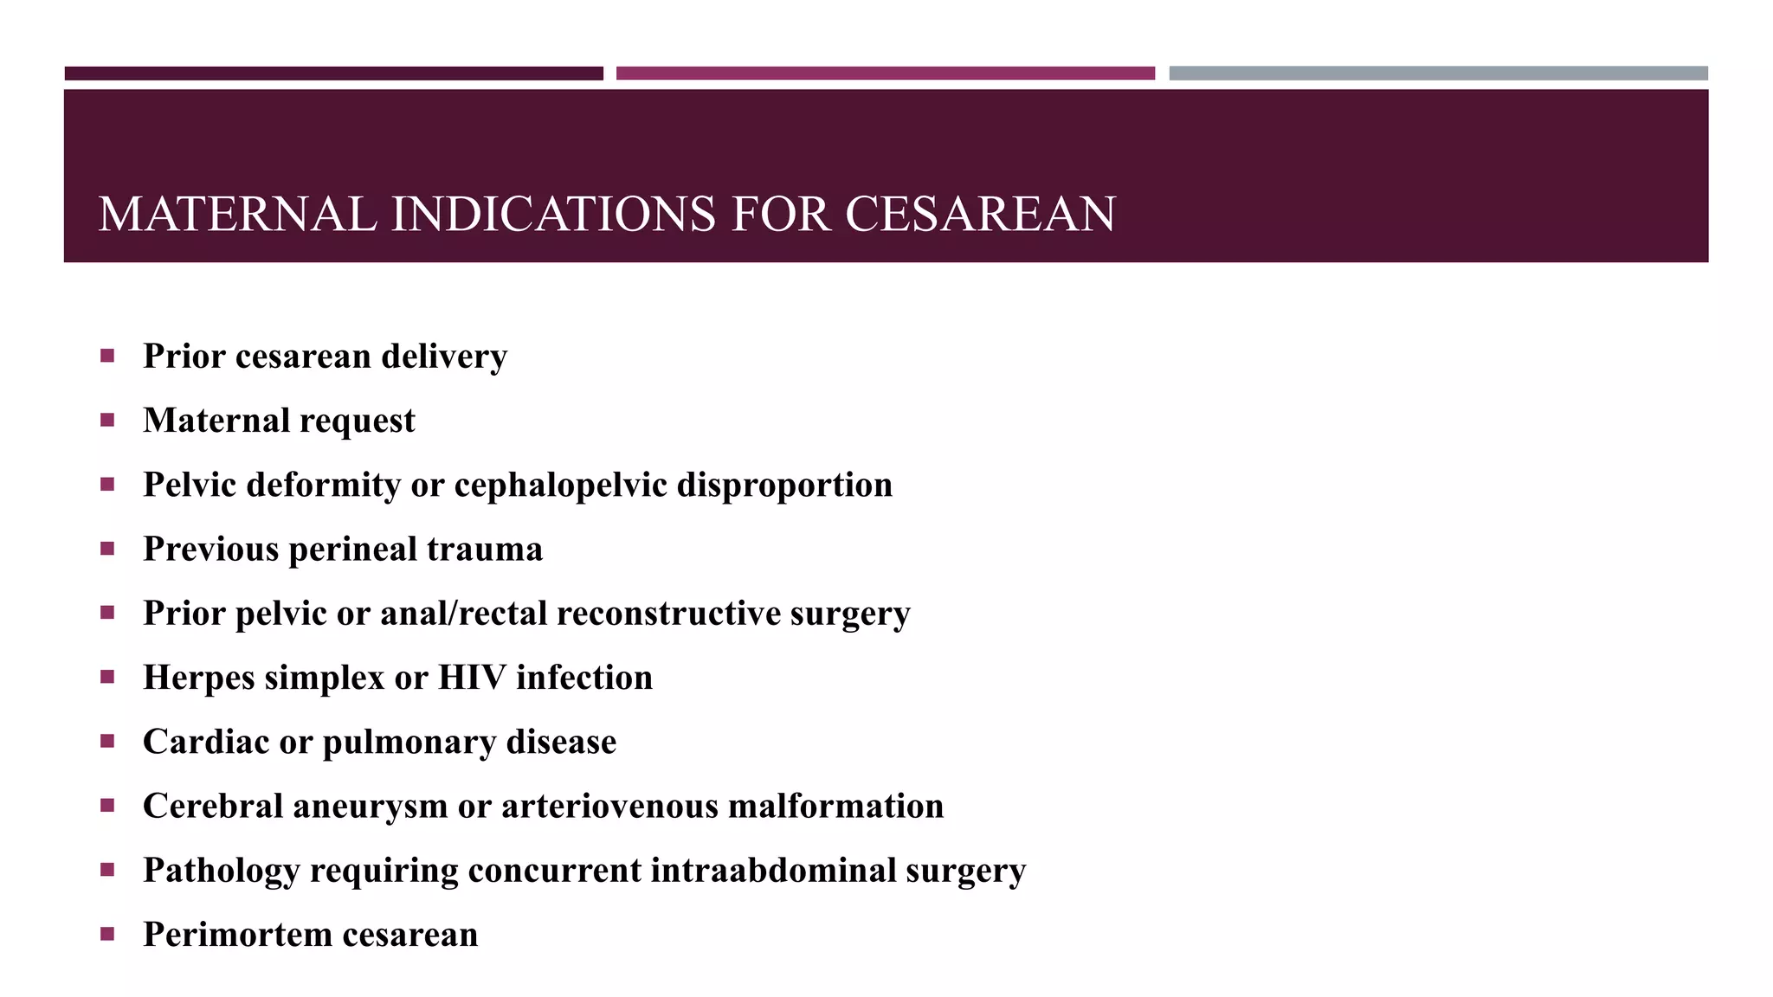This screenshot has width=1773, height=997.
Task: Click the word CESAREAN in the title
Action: click(980, 214)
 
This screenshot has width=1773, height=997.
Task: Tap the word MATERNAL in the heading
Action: click(237, 214)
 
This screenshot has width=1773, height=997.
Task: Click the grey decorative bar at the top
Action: click(1438, 74)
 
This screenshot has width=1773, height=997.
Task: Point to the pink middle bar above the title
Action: click(885, 74)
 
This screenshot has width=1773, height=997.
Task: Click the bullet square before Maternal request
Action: click(107, 420)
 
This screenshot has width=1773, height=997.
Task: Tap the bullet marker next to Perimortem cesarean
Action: click(107, 934)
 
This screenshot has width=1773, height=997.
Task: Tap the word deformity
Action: click(324, 486)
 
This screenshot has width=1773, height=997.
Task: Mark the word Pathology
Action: click(221, 871)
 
